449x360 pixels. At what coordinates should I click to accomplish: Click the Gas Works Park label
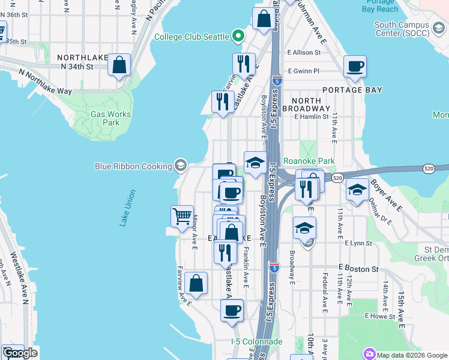104,118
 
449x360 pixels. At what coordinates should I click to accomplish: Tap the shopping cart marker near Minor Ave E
182,215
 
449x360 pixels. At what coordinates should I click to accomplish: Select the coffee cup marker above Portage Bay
355,66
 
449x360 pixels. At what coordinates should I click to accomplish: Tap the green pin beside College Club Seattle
238,37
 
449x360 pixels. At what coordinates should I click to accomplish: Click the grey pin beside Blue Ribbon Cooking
180,166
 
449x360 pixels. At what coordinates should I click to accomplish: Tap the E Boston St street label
358,269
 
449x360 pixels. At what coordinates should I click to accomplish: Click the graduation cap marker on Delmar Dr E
357,190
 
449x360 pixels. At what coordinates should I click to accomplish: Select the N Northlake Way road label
45,82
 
